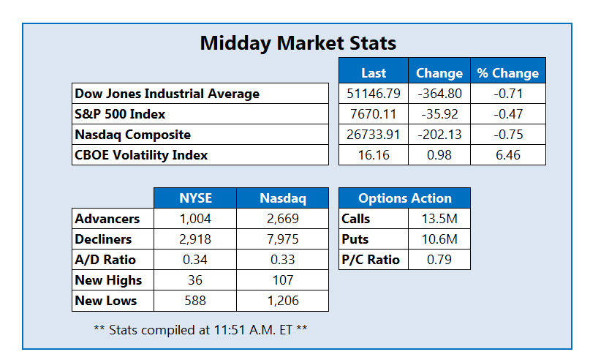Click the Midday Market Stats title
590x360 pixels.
[x=298, y=43]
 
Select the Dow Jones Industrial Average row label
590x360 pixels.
[x=167, y=94]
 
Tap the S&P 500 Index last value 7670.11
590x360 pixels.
[x=374, y=114]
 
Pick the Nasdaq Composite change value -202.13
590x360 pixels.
[x=439, y=135]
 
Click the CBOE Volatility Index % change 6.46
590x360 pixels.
[x=508, y=155]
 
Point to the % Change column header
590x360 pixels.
[x=508, y=73]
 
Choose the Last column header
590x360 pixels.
[x=374, y=73]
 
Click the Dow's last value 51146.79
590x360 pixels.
[x=374, y=94]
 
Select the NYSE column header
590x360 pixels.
[x=195, y=198]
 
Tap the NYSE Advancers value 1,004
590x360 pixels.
[x=195, y=218]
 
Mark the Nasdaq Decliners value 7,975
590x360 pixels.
[x=283, y=239]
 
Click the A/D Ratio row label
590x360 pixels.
[x=105, y=260]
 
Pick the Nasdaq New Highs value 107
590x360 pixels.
[x=283, y=280]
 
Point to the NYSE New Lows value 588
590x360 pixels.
[x=195, y=301]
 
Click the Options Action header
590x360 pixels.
[x=405, y=198]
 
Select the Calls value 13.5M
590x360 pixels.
[x=439, y=218]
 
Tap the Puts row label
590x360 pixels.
[x=355, y=239]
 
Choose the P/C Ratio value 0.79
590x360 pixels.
[x=439, y=260]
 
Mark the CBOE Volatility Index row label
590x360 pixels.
[x=141, y=155]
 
